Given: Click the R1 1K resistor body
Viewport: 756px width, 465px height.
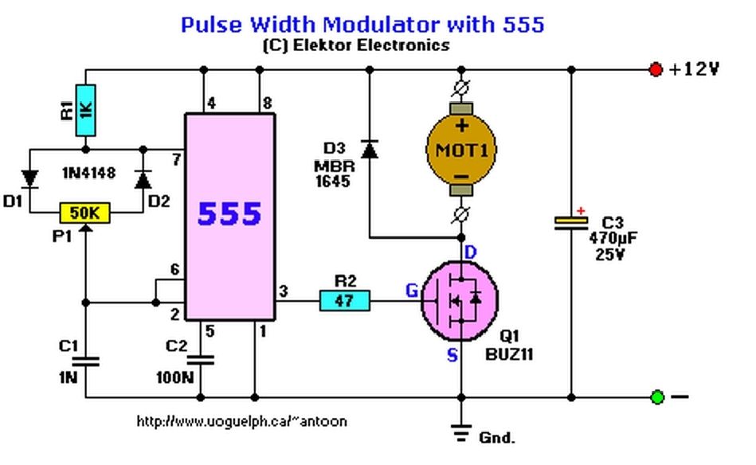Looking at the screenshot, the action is click(86, 111).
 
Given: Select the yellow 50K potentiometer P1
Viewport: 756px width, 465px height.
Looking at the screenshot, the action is click(85, 213).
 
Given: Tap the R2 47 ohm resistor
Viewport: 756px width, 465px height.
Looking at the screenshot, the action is click(345, 301).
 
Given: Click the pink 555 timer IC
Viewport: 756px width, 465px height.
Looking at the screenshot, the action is click(230, 217).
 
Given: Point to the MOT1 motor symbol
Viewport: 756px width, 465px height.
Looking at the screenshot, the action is click(461, 150).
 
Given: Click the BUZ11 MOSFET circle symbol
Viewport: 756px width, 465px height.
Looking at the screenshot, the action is click(460, 301).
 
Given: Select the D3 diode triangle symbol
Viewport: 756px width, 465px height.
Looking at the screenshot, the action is click(370, 149).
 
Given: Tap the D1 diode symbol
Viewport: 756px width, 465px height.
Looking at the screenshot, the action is click(30, 179).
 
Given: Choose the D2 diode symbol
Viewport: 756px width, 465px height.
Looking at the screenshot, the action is click(143, 179).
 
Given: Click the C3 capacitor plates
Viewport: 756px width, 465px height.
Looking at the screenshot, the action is click(571, 223).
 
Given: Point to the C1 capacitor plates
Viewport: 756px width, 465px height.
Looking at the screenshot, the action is click(86, 361).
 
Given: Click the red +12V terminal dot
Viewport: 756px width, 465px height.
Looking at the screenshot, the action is click(656, 69).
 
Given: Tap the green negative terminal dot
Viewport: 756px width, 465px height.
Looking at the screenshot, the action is click(657, 397).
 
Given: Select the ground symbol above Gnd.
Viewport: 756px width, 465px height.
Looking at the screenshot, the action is click(461, 432).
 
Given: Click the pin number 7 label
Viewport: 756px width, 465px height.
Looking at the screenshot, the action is click(177, 159).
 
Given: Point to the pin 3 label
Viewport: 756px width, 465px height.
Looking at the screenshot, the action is click(284, 291).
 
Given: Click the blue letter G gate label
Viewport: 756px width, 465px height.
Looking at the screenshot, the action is click(412, 291).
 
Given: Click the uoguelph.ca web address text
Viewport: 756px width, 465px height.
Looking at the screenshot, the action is click(242, 421).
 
